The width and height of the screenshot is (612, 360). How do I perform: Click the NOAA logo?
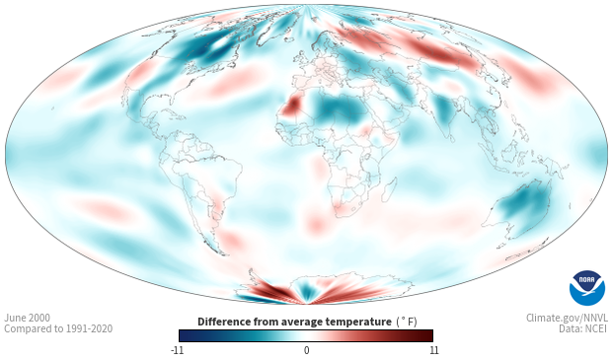tap(587, 288)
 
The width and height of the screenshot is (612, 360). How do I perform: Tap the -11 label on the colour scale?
tap(177, 350)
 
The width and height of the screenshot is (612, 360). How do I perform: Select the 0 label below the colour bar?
tap(306, 350)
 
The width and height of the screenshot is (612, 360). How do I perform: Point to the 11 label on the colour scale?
tap(433, 350)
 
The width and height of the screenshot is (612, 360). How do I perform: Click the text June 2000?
tap(27, 318)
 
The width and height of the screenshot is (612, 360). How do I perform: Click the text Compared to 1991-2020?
tap(58, 328)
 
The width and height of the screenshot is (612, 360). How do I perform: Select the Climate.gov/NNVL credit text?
tap(567, 318)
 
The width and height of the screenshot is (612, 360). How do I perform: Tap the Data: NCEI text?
tap(583, 328)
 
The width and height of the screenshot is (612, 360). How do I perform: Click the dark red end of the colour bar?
tap(426, 335)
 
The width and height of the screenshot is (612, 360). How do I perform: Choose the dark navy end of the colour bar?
tap(186, 335)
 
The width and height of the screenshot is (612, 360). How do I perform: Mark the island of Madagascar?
tap(389, 189)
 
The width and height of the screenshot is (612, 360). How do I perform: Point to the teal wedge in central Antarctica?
tap(307, 291)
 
